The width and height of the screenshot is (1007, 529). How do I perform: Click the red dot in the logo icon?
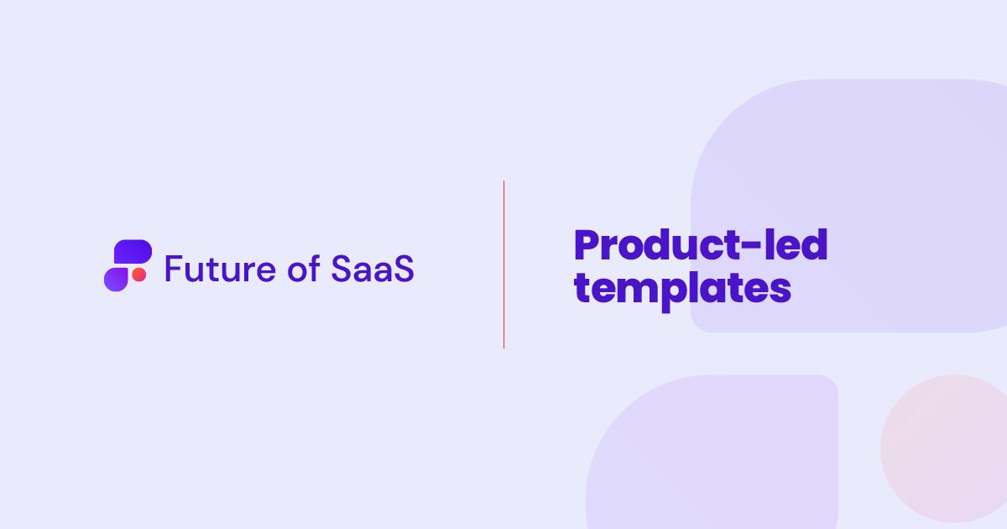tap(139, 275)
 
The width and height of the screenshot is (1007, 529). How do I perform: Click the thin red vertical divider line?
tap(503, 264)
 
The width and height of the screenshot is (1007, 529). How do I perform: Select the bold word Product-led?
tap(700, 246)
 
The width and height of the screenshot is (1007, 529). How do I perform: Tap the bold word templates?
tap(682, 289)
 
